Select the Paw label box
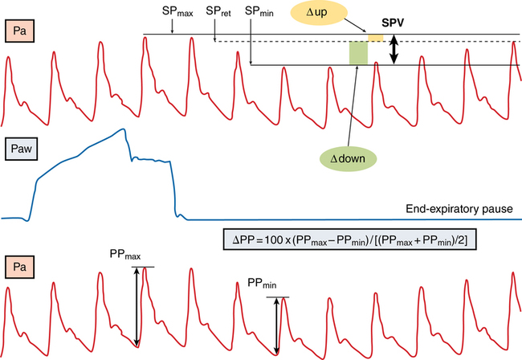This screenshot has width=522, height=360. coord(23,149)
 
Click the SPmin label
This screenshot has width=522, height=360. coord(259,12)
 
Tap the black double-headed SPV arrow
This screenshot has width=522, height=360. coord(394,51)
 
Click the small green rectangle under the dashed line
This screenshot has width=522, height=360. coord(358,53)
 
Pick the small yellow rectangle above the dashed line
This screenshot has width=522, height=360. coord(375,38)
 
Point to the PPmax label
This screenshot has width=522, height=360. coord(124,255)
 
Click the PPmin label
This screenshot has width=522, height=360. coord(263,284)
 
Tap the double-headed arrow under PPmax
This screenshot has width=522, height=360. coord(137,306)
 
